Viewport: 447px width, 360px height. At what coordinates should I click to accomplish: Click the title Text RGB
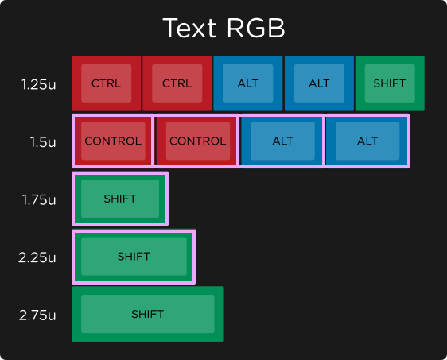coord(223,28)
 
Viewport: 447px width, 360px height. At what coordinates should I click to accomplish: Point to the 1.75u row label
coord(39,199)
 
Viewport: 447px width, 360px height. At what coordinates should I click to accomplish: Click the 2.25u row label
coord(38,257)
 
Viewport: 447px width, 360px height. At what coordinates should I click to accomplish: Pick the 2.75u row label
coord(38,315)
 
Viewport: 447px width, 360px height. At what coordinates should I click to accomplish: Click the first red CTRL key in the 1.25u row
coord(107,83)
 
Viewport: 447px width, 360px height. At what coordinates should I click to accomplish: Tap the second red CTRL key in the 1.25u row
coord(177,83)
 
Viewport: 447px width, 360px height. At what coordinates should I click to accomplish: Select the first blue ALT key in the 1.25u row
coord(247,83)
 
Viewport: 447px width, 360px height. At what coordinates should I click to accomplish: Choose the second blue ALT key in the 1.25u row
coord(319,83)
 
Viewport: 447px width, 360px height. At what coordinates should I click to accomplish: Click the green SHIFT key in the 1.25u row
coord(390,83)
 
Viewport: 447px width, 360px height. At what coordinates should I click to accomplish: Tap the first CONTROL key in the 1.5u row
coord(112,141)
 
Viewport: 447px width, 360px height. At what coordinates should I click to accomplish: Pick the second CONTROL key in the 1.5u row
coord(197,141)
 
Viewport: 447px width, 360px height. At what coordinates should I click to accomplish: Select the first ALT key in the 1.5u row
coord(282,141)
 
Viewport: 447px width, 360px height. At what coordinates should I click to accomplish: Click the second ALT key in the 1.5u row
coord(367,141)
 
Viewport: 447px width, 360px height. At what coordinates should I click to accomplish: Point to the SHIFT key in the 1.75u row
coord(120,199)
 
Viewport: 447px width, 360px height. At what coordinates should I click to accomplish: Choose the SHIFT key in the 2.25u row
coord(134,257)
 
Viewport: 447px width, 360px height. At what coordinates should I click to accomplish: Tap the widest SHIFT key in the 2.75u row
coord(148,314)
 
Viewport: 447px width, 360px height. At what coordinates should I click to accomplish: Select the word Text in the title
coord(189,28)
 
